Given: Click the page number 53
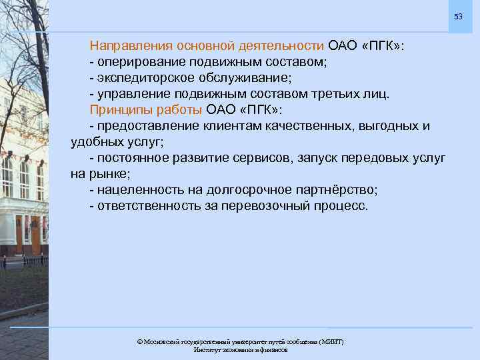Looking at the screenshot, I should [x=458, y=16].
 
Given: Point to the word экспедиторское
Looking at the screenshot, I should [x=141, y=79].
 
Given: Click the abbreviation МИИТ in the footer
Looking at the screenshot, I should [x=331, y=341].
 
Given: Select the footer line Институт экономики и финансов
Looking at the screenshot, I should [x=240, y=350].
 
